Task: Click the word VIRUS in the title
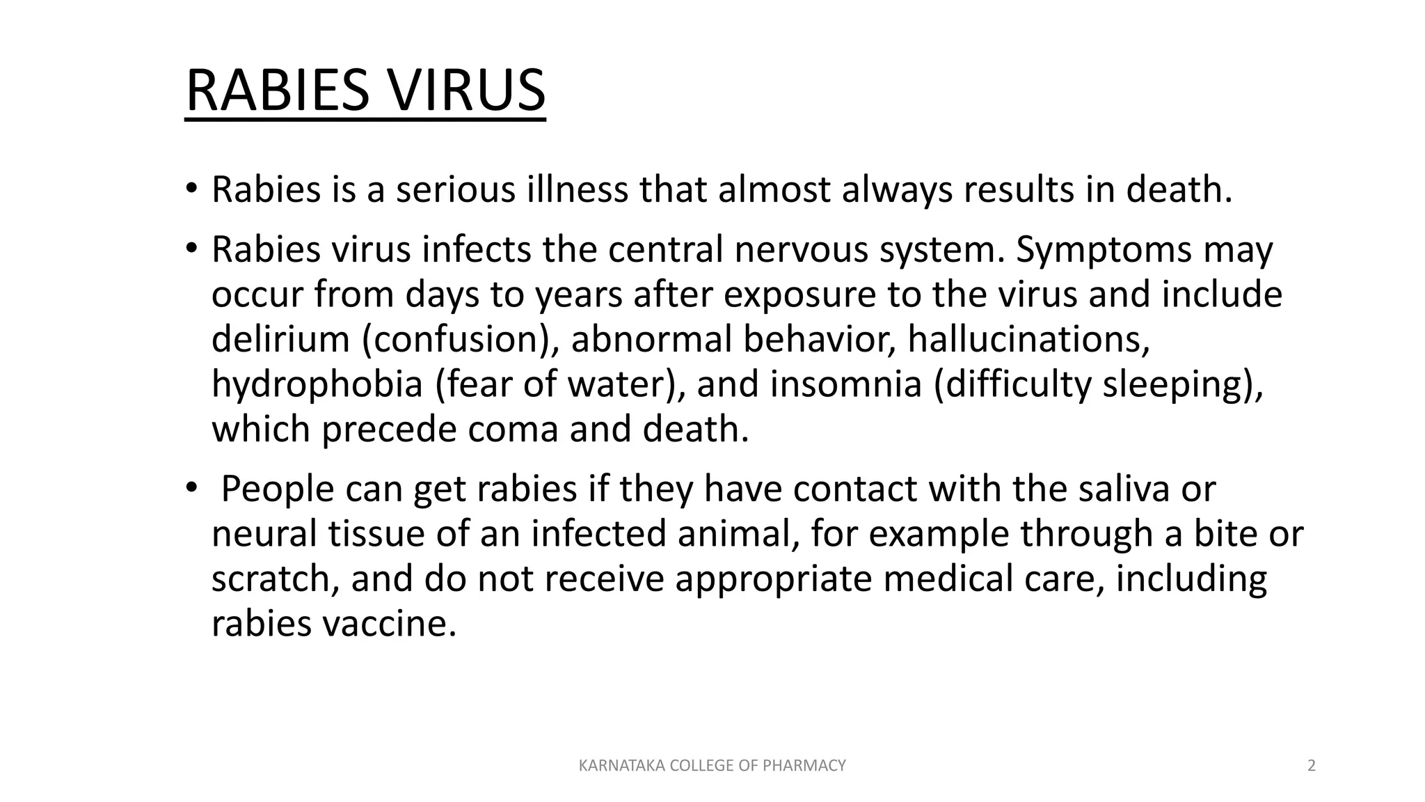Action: pos(465,91)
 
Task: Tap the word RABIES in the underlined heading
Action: pos(277,91)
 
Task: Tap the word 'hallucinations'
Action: pos(1028,339)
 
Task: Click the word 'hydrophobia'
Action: pos(317,384)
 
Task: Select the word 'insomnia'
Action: pos(845,384)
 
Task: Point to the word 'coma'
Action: pos(513,429)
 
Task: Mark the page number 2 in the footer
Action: pos(1312,766)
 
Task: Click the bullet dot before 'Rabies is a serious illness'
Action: pos(191,189)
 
